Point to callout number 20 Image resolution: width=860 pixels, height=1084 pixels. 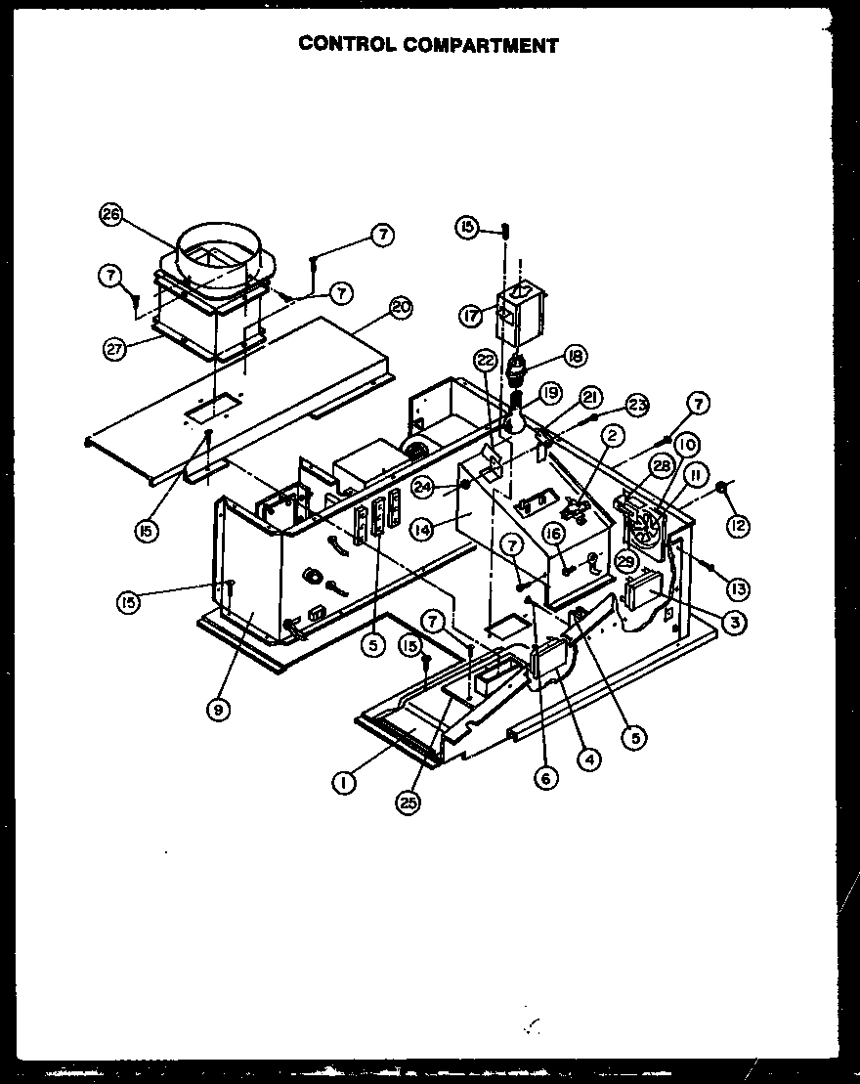[x=400, y=307]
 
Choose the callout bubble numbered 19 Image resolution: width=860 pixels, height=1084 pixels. [x=549, y=393]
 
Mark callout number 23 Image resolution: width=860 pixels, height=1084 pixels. [x=637, y=404]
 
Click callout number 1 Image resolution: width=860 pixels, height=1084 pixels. [x=342, y=782]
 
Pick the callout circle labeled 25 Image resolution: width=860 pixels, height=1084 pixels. [x=407, y=802]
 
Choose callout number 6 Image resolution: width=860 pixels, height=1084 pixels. [x=545, y=777]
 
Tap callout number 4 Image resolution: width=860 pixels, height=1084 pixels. [x=589, y=757]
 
